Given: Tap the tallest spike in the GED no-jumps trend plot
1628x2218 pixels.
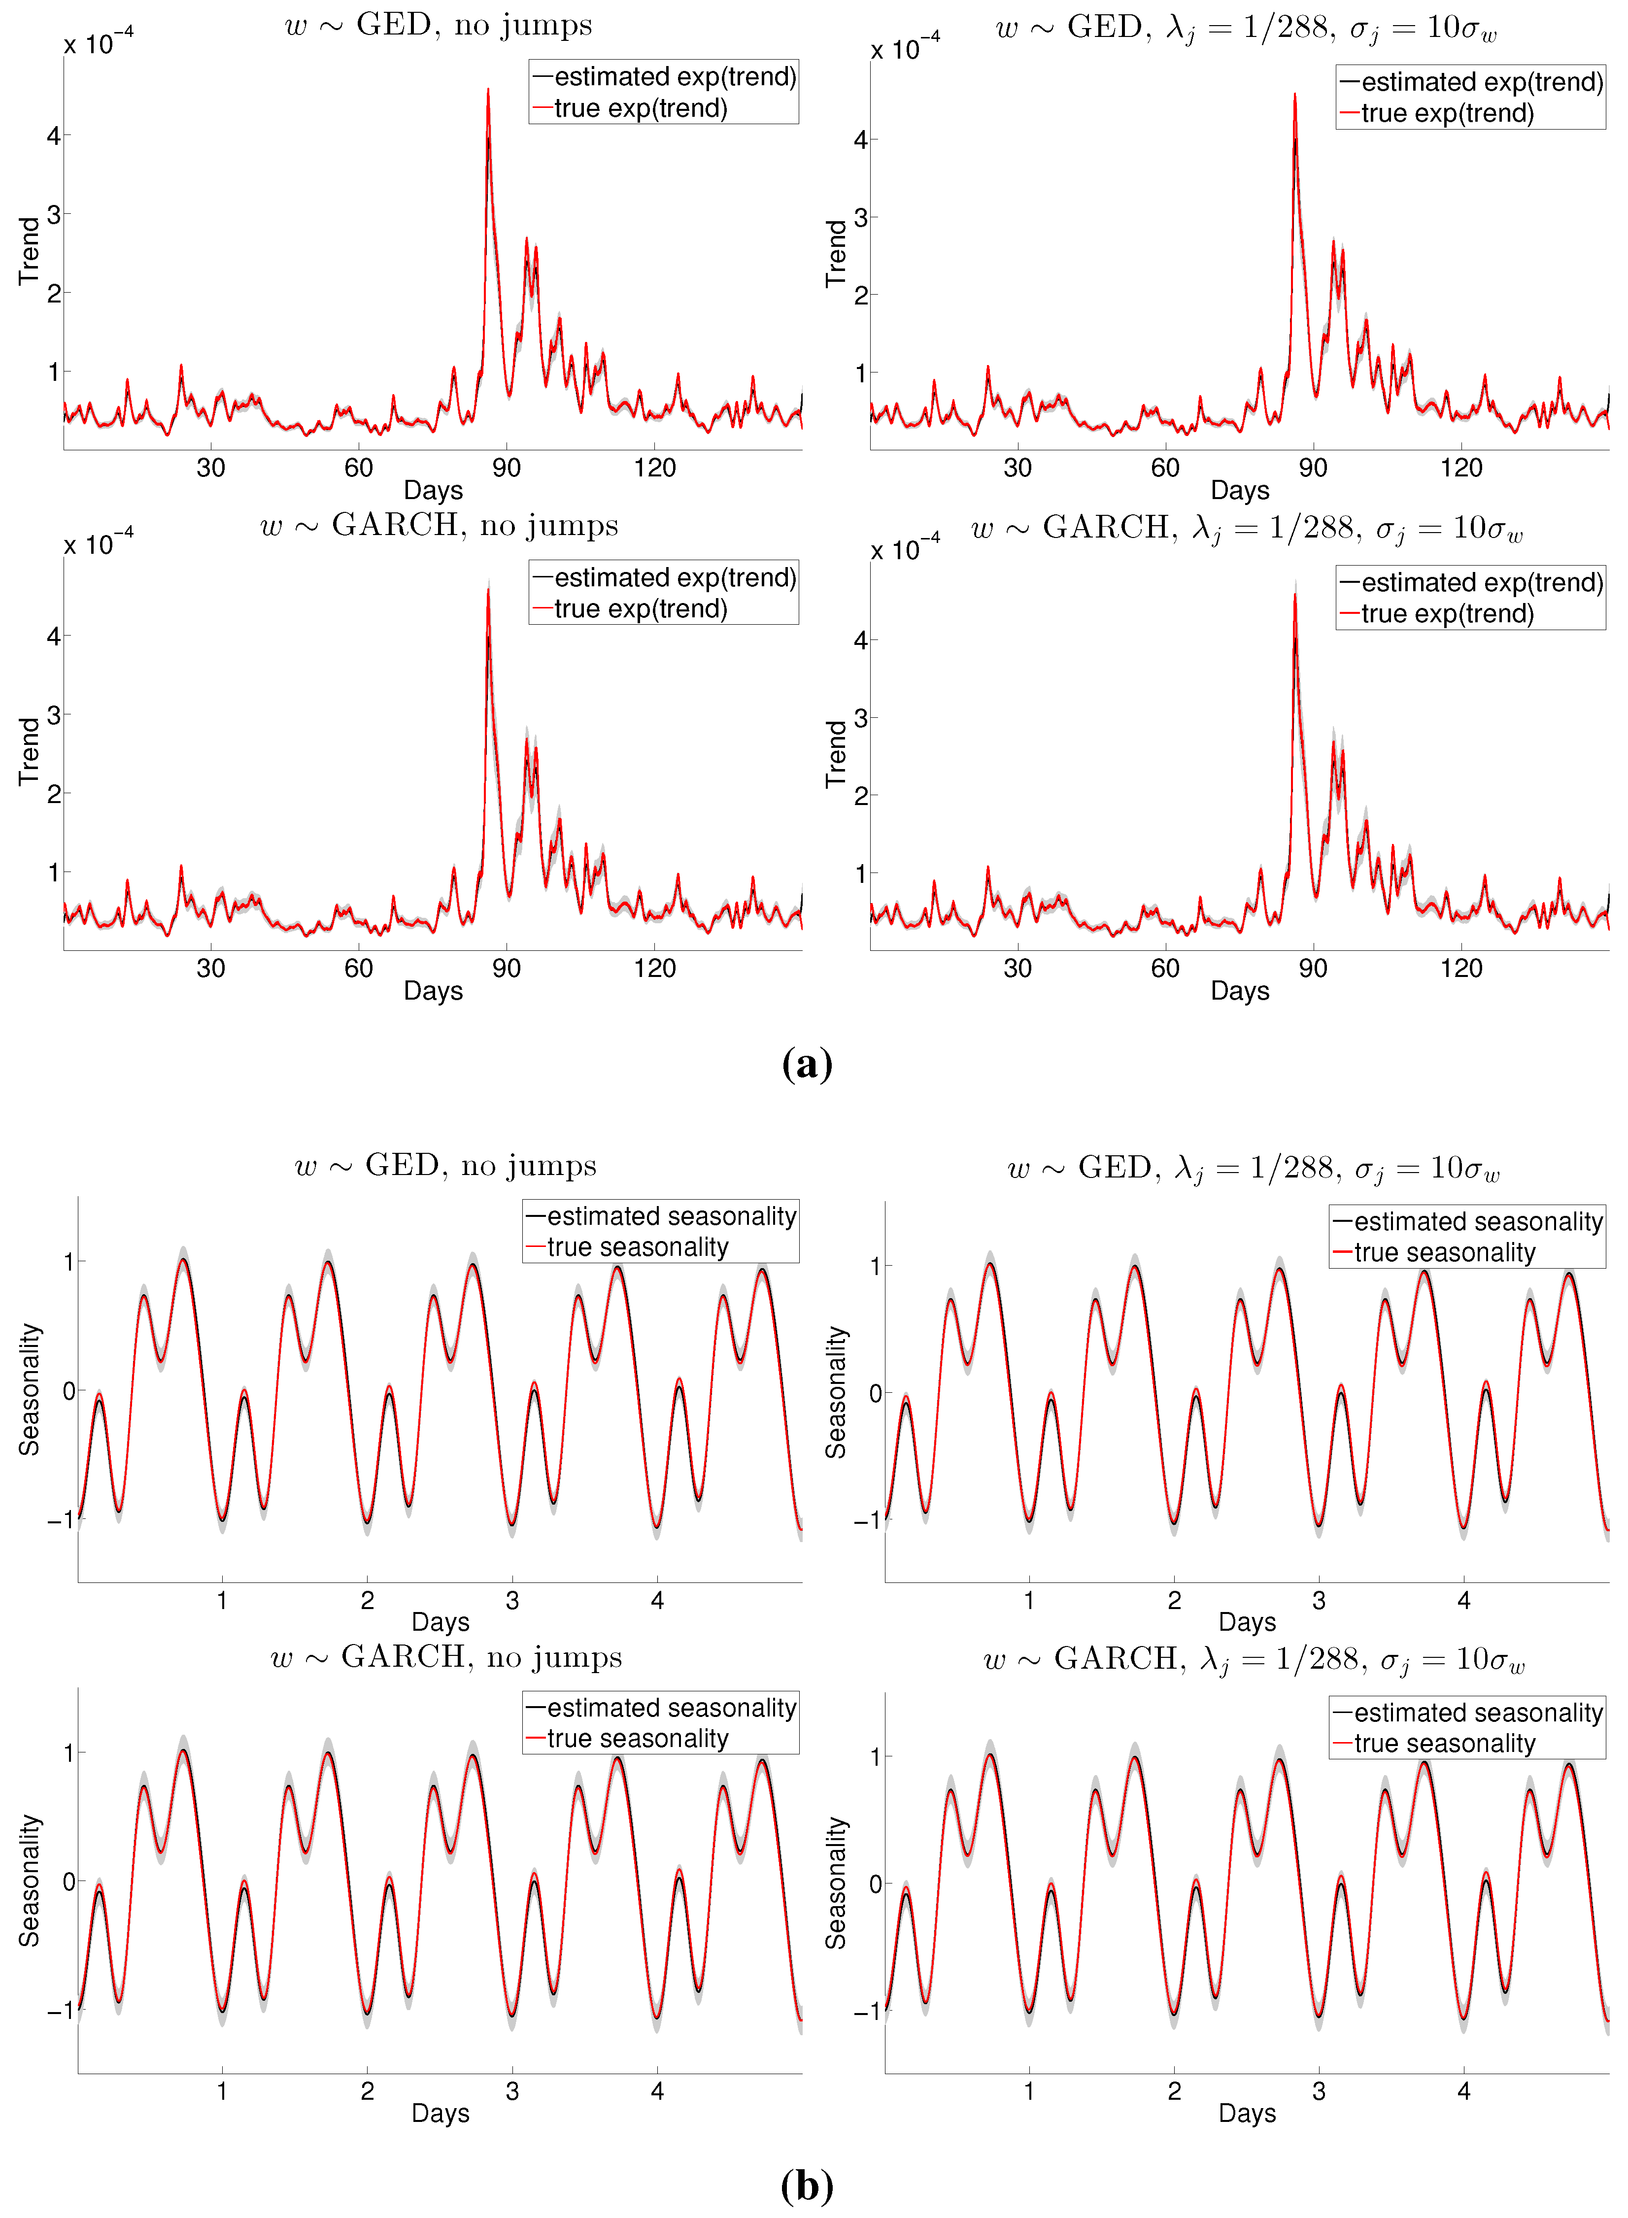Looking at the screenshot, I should [x=488, y=91].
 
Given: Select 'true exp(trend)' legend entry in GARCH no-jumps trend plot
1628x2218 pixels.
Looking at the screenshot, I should [x=641, y=609].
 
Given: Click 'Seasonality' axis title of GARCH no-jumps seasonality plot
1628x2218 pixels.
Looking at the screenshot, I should [x=30, y=1880].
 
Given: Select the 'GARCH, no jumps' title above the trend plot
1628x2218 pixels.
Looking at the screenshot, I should [x=440, y=525].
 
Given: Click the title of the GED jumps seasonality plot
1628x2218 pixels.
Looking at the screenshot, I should [x=1253, y=1168].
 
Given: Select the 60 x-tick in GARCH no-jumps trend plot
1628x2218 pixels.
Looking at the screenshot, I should [x=359, y=969].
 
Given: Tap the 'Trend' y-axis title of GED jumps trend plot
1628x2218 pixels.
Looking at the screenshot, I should [x=836, y=253].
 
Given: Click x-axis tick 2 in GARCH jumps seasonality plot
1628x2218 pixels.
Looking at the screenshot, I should [x=1174, y=2091].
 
